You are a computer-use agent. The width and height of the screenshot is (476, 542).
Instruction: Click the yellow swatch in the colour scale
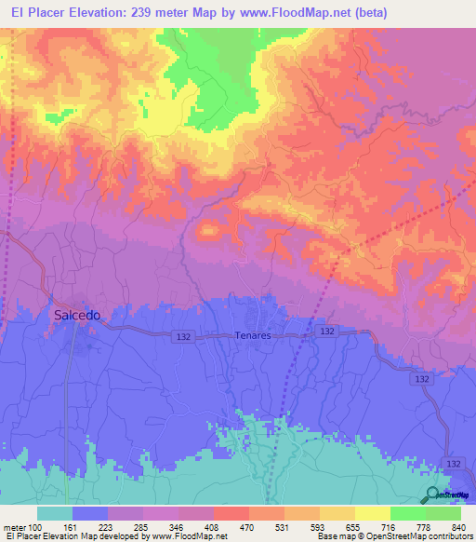click(372, 513)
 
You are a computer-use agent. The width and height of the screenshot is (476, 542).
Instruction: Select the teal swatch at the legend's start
click(55, 513)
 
